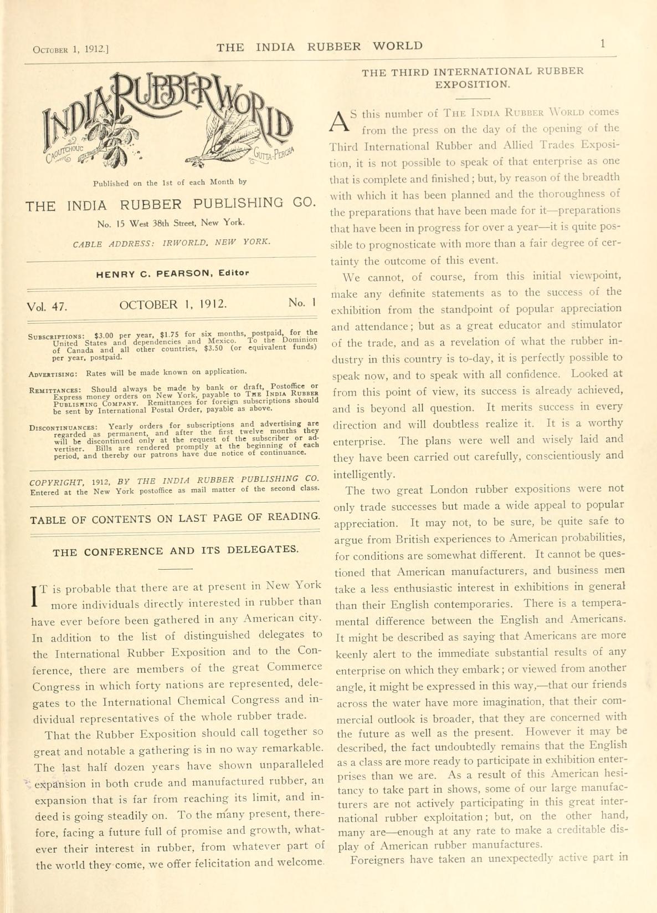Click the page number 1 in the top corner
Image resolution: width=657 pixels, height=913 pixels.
pos(602,44)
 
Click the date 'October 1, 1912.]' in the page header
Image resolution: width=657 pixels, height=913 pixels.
pos(70,49)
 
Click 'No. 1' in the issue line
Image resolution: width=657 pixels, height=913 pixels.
pos(302,303)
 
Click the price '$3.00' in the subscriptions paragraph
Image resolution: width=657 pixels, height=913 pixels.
pos(104,336)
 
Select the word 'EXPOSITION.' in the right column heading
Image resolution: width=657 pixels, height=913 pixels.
pos(473,85)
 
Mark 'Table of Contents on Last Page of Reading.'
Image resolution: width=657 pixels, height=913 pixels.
pos(175,519)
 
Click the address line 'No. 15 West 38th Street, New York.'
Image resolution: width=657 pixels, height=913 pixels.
pos(170,224)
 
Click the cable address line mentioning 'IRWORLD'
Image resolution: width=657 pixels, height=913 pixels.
pos(172,242)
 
